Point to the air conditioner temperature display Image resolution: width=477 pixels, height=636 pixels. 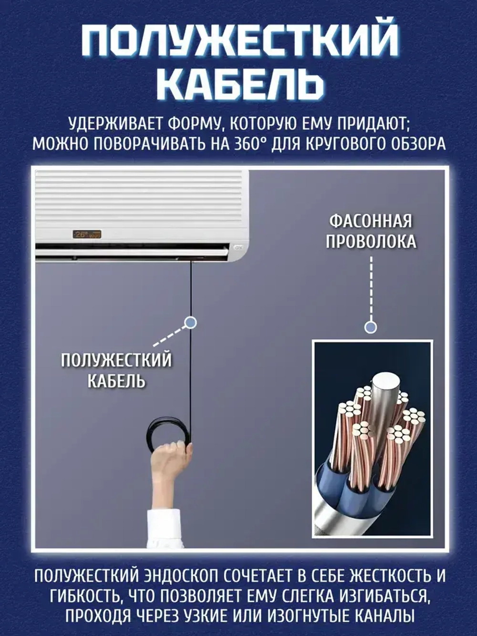point(86,234)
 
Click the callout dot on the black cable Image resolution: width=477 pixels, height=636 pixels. point(191,323)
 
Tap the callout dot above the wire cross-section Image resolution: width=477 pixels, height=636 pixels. point(371,327)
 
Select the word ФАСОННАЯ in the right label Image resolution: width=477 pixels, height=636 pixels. point(371,221)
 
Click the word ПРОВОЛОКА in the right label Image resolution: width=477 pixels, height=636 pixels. point(371,241)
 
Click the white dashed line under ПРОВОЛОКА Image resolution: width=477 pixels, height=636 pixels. point(371,286)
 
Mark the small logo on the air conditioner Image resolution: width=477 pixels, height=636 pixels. point(237,248)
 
